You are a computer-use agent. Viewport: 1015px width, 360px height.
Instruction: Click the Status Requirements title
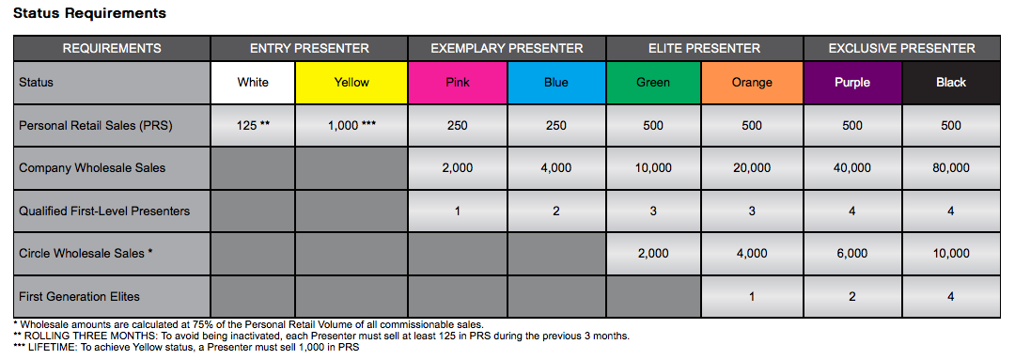(90, 13)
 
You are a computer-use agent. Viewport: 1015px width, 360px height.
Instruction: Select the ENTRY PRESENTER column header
(309, 48)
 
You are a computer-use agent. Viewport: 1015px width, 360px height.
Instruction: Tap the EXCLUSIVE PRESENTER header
(901, 48)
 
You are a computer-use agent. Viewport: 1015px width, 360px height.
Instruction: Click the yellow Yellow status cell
(351, 82)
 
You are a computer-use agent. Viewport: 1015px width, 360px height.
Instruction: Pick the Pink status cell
(458, 82)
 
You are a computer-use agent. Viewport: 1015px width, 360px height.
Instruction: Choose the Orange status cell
(752, 82)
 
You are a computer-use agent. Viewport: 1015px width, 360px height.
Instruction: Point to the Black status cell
(950, 82)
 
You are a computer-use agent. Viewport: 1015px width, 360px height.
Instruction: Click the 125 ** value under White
(253, 126)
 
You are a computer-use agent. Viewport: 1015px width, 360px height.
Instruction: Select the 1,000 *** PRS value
(351, 126)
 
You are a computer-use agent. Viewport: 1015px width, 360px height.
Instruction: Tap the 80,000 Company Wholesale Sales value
(950, 167)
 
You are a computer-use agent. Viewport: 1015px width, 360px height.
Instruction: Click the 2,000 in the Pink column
(458, 167)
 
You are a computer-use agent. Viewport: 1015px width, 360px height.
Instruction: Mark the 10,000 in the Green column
(653, 167)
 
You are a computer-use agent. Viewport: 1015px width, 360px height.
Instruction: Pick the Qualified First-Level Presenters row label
(104, 211)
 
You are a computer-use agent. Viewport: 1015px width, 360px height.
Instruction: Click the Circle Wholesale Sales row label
(86, 253)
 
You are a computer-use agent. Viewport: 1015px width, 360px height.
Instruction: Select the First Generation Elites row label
(79, 296)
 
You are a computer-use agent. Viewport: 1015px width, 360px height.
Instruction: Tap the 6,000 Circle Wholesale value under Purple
(851, 253)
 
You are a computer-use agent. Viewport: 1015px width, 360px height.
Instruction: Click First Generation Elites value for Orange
(752, 296)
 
